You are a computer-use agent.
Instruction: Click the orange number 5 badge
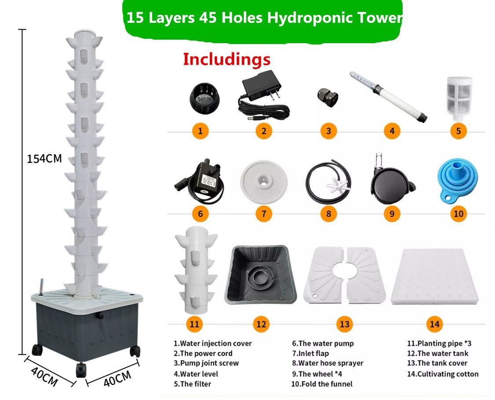[458, 131]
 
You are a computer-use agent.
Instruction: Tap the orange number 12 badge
[261, 324]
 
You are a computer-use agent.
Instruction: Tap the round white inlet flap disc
[264, 182]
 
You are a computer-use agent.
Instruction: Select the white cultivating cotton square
[435, 277]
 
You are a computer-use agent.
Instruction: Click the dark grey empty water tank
[261, 274]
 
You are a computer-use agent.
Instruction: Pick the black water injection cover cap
[204, 97]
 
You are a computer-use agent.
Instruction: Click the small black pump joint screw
[328, 97]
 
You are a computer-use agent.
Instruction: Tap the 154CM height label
[44, 158]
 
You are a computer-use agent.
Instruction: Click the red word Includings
[227, 59]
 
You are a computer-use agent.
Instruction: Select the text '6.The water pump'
[323, 343]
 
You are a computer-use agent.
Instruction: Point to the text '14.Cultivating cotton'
[443, 374]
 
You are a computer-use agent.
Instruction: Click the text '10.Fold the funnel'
[322, 384]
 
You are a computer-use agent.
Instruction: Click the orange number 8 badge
[328, 214]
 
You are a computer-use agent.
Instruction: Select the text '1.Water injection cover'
[213, 343]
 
